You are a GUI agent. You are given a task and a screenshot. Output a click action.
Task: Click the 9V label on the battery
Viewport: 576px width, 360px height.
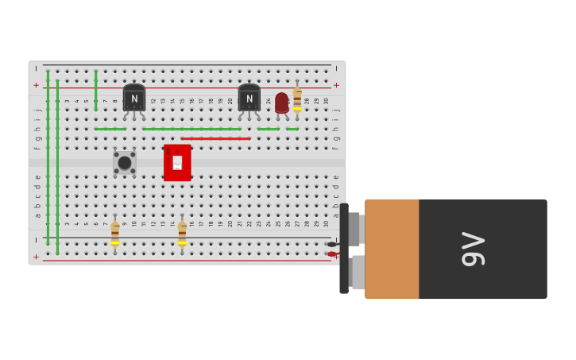coord(474,249)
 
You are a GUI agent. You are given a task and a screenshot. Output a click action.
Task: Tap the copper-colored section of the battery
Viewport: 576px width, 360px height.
coord(392,249)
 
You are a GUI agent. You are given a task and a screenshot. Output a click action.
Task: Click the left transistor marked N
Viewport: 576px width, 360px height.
coord(133,99)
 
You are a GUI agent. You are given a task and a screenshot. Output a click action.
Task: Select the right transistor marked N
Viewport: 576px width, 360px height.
coord(249,99)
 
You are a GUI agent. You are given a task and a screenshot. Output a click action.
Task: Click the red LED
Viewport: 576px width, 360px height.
coord(281,103)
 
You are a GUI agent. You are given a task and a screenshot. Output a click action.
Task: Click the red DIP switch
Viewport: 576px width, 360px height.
coord(177,162)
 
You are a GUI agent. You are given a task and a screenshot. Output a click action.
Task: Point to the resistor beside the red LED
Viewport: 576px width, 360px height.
coord(297,99)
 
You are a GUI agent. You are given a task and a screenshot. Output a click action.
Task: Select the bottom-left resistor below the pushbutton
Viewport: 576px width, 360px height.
coord(115,232)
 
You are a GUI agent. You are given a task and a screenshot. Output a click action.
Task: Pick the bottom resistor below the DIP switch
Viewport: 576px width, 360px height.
coord(182,232)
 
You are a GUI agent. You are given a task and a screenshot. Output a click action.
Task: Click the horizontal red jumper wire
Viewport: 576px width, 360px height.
coord(215,138)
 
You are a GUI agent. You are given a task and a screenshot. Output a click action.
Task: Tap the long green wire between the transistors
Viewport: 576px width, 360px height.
coord(191,129)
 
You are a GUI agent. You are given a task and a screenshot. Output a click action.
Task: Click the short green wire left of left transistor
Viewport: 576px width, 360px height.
coord(110,129)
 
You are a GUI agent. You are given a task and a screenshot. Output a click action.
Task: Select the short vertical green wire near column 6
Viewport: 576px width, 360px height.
coord(96,90)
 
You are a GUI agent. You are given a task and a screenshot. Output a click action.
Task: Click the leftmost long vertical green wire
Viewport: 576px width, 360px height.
coord(48,159)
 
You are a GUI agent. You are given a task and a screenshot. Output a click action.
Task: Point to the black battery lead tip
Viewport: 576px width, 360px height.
coord(331,244)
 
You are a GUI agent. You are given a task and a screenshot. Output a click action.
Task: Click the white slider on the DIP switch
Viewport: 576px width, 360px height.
coord(177,162)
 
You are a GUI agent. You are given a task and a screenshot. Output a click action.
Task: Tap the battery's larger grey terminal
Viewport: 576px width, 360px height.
coord(358,272)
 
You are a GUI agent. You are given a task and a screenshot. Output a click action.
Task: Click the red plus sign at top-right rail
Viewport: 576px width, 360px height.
coord(336,85)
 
